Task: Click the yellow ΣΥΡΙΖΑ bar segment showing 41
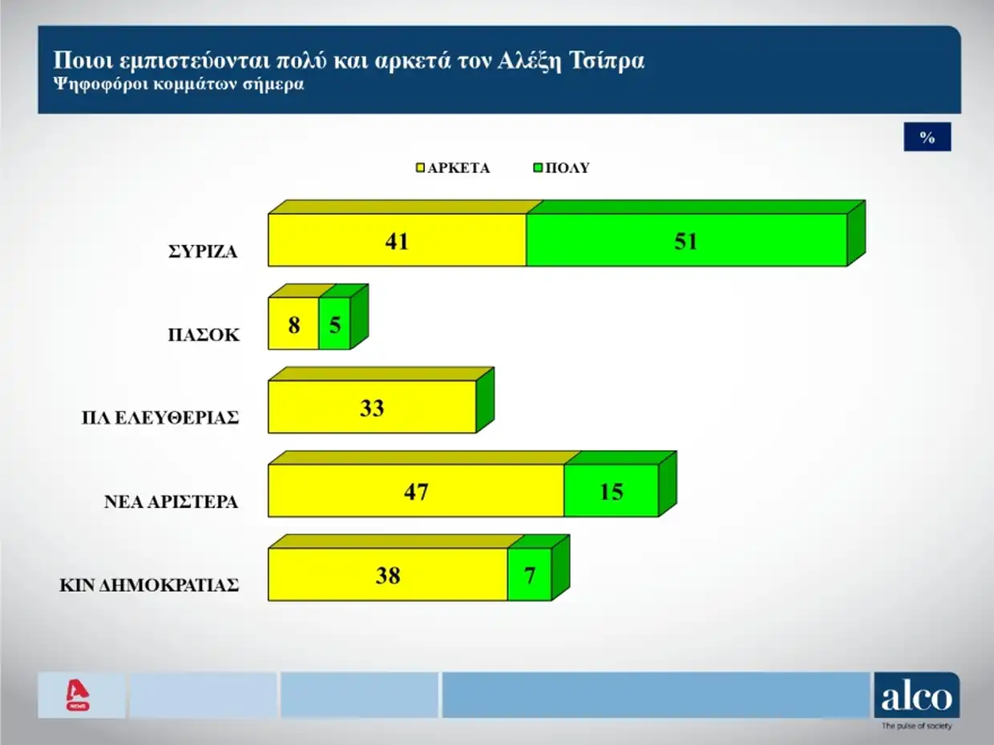click(x=397, y=240)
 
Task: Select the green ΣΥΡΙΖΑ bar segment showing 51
click(x=686, y=240)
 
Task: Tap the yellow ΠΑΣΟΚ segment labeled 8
click(x=293, y=324)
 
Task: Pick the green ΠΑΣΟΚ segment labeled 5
click(x=334, y=324)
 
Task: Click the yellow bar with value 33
click(x=372, y=407)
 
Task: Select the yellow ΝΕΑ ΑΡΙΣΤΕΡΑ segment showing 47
click(x=415, y=490)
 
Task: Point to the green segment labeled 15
click(x=611, y=490)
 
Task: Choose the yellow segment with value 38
click(x=387, y=574)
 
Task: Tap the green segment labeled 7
click(x=529, y=574)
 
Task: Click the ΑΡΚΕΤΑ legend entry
click(x=453, y=168)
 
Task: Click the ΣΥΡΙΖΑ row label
click(x=203, y=252)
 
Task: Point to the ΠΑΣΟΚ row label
click(x=203, y=336)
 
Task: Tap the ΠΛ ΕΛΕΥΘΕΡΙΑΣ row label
click(x=160, y=418)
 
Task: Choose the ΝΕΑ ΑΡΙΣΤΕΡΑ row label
click(x=171, y=502)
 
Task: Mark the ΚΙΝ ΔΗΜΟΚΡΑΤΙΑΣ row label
click(x=150, y=585)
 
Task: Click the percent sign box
click(x=927, y=138)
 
